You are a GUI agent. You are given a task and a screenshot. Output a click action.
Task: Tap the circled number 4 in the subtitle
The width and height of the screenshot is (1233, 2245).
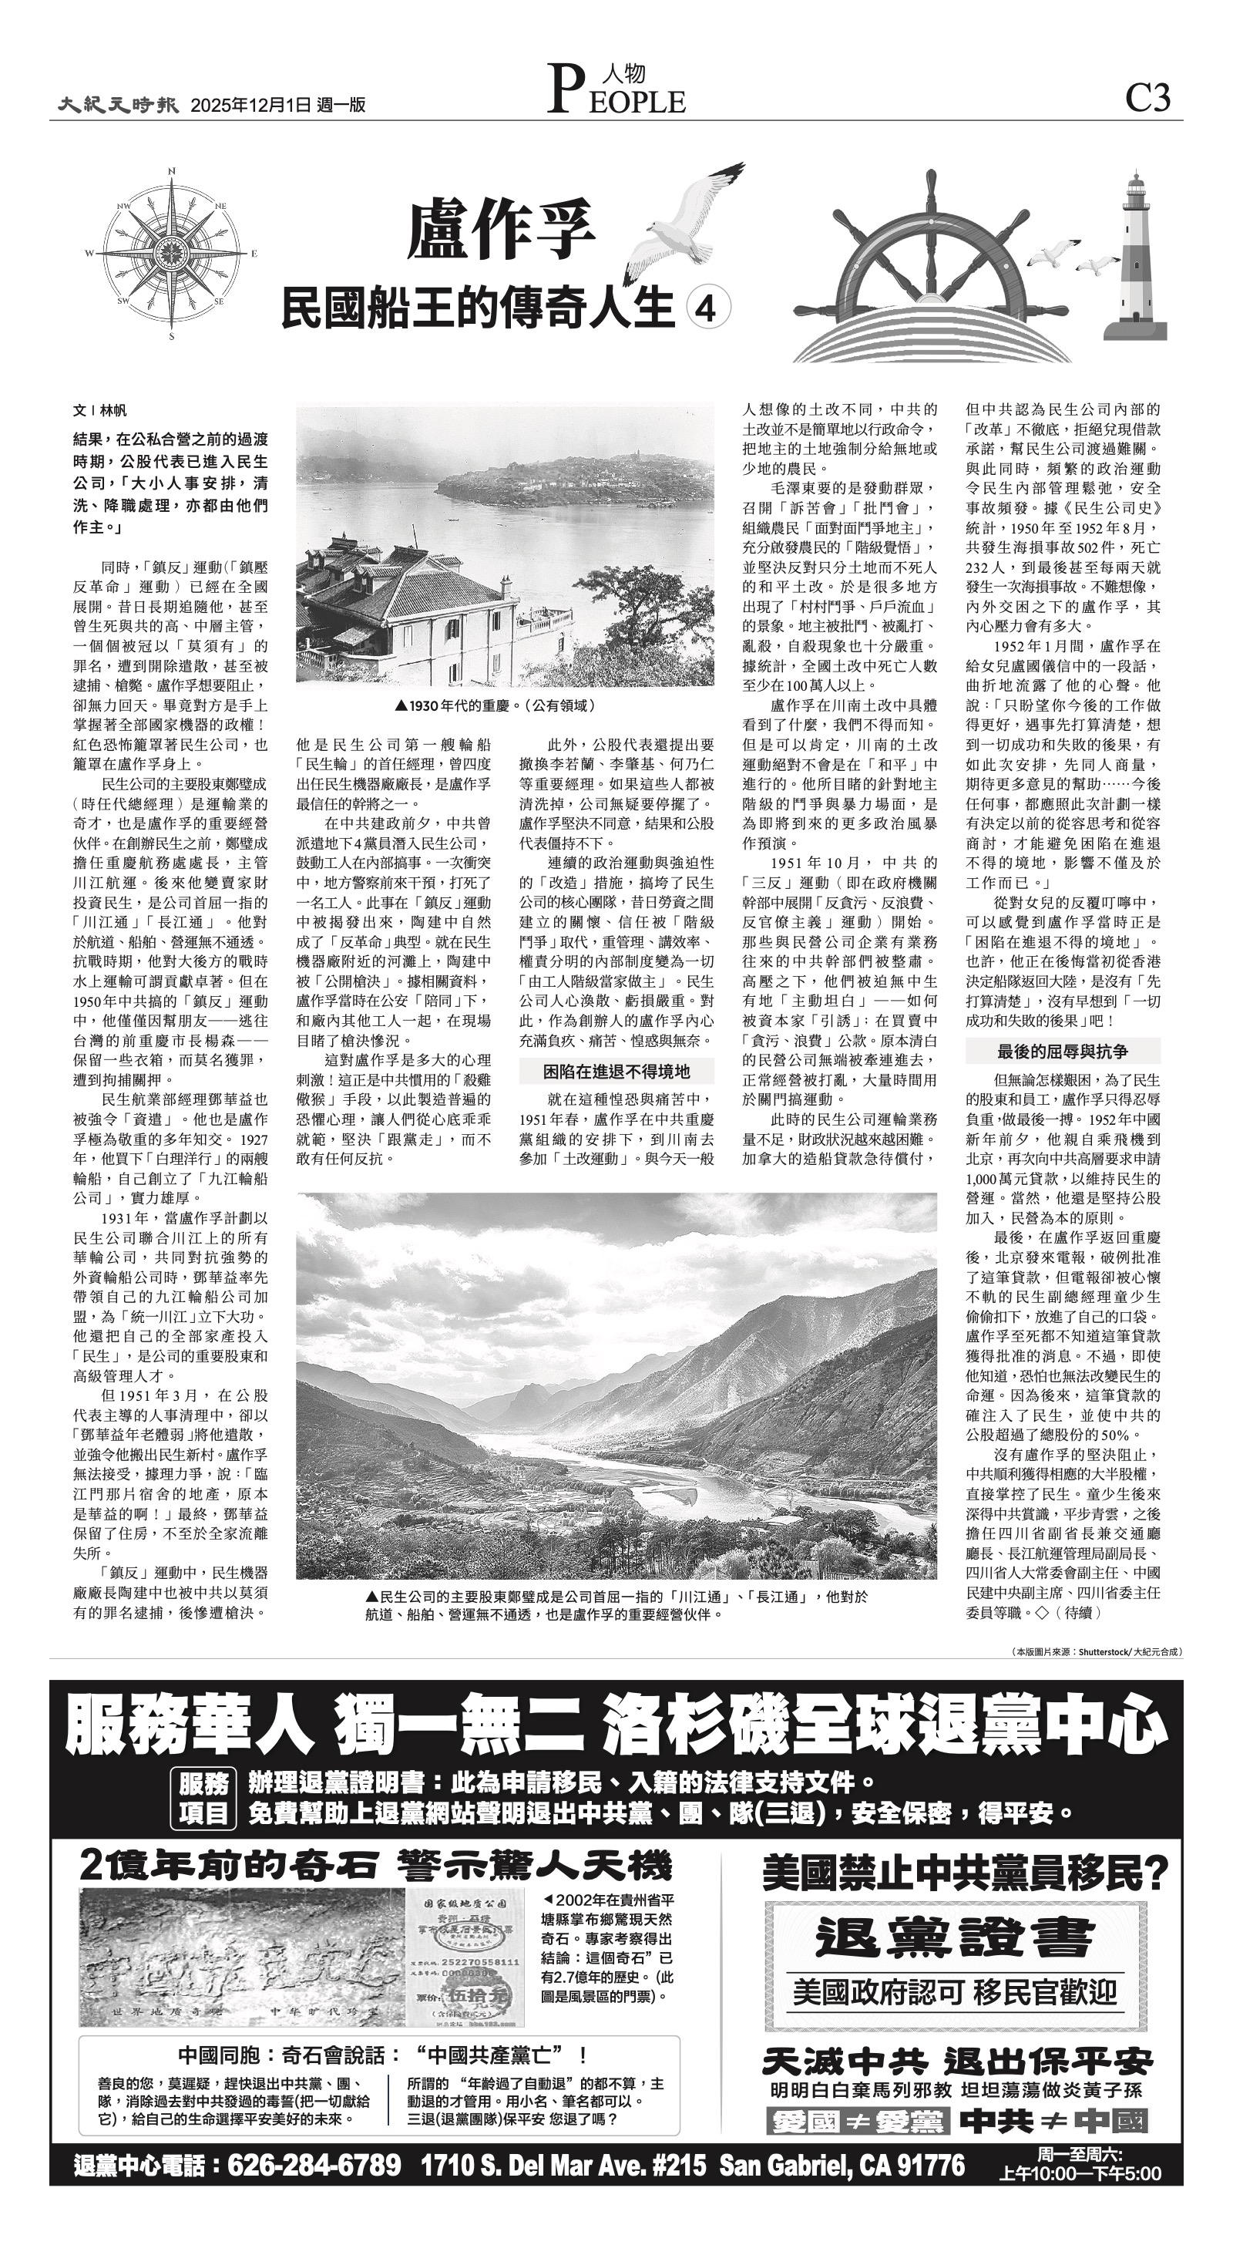707,308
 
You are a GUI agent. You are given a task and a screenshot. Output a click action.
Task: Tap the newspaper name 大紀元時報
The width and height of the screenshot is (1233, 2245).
119,105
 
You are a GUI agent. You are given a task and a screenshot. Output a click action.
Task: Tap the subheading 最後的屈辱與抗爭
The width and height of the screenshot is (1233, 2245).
1061,1051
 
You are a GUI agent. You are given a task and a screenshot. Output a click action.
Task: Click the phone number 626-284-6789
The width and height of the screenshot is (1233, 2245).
314,2164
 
